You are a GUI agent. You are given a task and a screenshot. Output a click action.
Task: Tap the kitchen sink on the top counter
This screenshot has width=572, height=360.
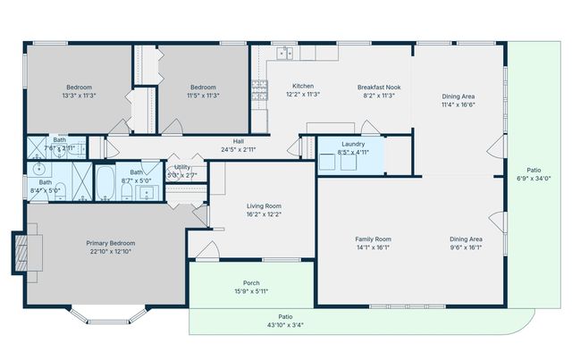pyautogui.click(x=284, y=54)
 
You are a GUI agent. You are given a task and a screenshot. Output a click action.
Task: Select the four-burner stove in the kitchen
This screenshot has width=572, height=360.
pyautogui.click(x=259, y=89)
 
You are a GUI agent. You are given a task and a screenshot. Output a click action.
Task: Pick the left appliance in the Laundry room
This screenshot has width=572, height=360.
pyautogui.click(x=327, y=161)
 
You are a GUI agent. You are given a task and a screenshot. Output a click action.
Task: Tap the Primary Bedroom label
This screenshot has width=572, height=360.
pyautogui.click(x=112, y=243)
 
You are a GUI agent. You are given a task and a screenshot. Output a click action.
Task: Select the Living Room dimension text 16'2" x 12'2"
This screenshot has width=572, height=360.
pyautogui.click(x=264, y=214)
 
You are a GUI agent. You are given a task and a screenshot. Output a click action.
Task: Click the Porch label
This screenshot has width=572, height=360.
pyautogui.click(x=251, y=283)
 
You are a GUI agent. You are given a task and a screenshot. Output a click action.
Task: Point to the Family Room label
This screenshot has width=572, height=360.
pyautogui.click(x=374, y=239)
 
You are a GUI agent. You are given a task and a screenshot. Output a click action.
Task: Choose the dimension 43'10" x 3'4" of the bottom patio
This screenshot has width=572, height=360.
pyautogui.click(x=285, y=324)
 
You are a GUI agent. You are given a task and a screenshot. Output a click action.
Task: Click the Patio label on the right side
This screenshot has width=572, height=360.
pyautogui.click(x=534, y=169)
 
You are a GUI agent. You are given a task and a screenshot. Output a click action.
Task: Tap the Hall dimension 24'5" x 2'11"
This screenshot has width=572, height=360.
pyautogui.click(x=239, y=149)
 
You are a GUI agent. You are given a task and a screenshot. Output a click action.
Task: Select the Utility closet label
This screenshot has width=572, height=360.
pyautogui.click(x=182, y=166)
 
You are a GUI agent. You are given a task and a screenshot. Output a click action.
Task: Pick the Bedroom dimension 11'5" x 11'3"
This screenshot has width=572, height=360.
pyautogui.click(x=203, y=95)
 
